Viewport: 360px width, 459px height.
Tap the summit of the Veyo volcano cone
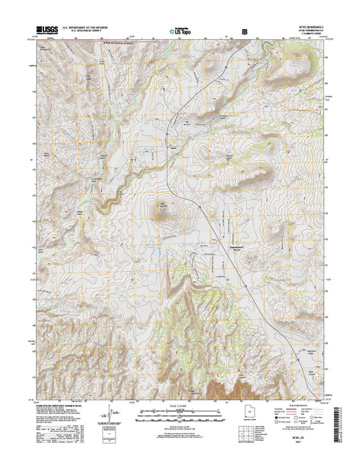tap(163, 208)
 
